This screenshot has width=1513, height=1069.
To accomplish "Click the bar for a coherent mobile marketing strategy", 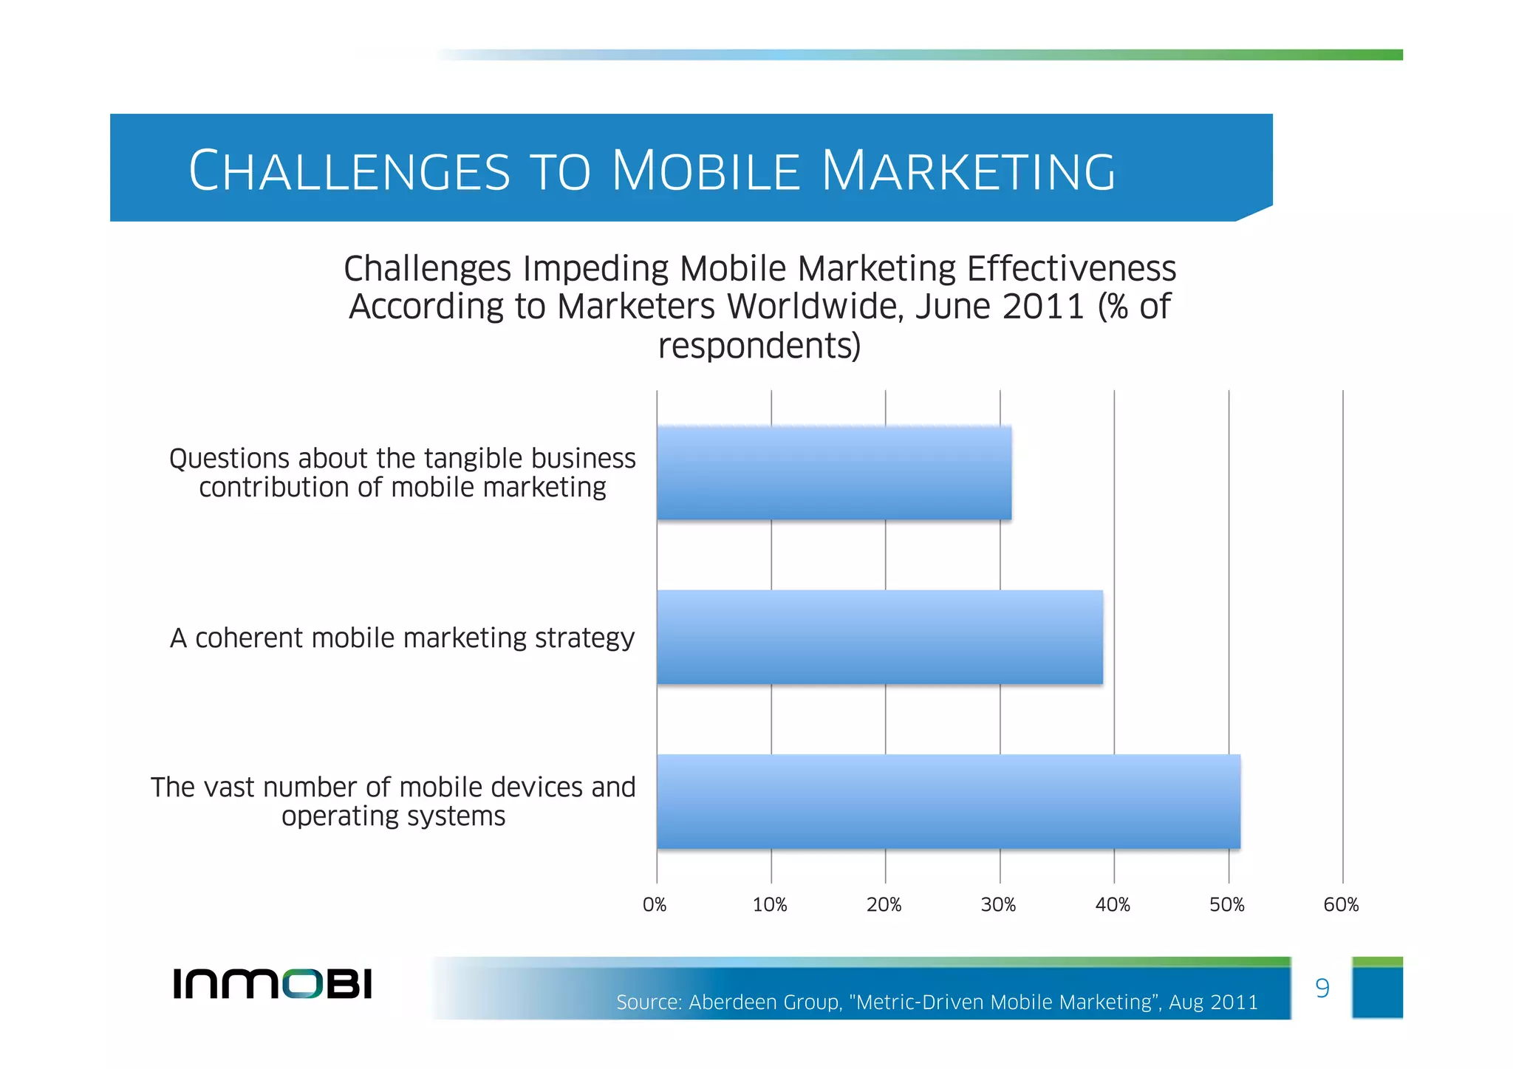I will (879, 637).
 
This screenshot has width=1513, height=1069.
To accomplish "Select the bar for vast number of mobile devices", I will (948, 802).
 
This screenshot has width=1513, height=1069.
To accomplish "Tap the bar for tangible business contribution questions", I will (833, 473).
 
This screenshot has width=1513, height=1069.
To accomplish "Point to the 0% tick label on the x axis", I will (655, 905).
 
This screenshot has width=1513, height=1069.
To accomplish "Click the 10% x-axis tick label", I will (770, 905).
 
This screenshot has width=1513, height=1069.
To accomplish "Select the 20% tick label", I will (884, 905).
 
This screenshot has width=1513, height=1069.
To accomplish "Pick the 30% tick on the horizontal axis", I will (999, 905).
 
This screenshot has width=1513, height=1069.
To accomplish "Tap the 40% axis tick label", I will (1113, 905).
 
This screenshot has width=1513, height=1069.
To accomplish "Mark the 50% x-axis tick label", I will (1227, 905).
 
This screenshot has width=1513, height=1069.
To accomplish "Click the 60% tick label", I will (1342, 905).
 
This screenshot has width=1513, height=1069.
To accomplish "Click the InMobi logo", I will (273, 983).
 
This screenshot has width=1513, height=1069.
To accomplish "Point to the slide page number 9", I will (1322, 988).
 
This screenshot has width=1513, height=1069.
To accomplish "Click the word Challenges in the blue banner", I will (349, 171).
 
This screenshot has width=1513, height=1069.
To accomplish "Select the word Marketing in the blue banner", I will (969, 171).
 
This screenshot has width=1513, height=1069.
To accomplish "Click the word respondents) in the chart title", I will (759, 346).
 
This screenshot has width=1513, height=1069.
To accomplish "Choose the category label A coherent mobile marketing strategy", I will (403, 638).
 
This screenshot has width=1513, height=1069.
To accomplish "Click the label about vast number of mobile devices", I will (393, 802).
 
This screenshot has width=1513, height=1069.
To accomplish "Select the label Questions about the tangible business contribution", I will (403, 473).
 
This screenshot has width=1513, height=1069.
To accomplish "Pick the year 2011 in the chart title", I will (1043, 307).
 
